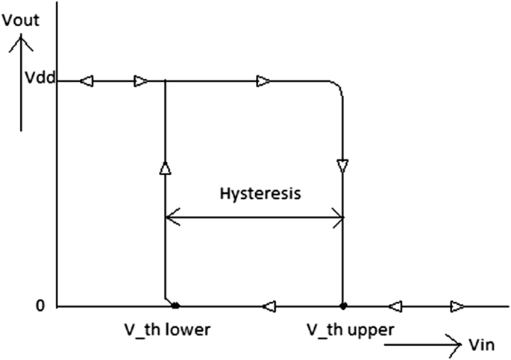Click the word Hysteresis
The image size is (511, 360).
point(260,194)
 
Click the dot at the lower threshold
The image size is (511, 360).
point(175,305)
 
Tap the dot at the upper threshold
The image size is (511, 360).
point(342,305)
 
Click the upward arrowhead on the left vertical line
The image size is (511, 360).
point(164,168)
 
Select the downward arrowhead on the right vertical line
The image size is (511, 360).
point(342,165)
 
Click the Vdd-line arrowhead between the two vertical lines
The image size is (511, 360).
point(263,80)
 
